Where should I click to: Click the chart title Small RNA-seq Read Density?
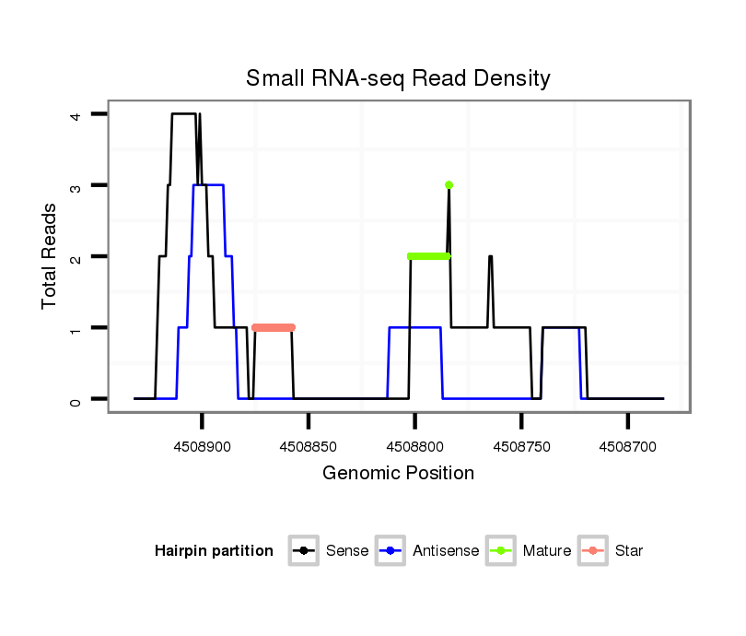click(398, 78)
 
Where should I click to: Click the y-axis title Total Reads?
click(52, 255)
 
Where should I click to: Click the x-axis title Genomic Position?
click(398, 474)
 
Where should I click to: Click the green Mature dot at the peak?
click(449, 185)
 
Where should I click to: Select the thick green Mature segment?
click(428, 256)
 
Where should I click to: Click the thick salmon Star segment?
click(274, 327)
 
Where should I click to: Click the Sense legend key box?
click(303, 551)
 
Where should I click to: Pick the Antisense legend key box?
click(391, 551)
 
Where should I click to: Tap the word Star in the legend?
click(628, 551)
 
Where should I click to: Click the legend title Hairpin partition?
click(214, 551)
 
